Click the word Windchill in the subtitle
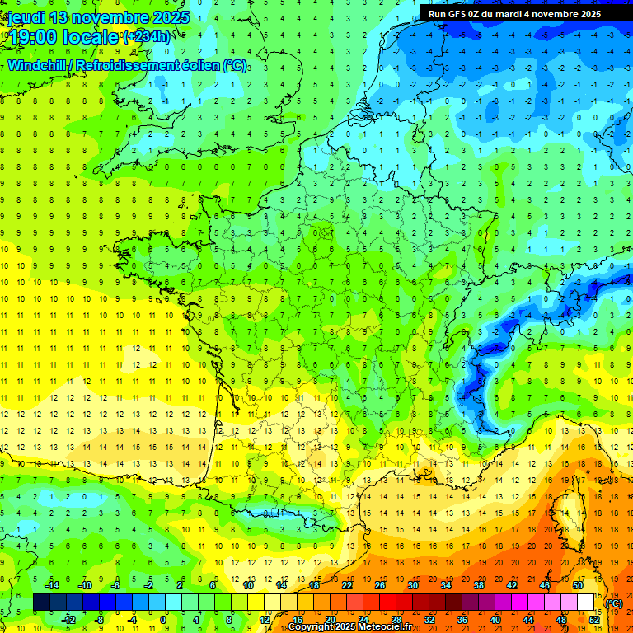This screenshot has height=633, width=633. (38, 65)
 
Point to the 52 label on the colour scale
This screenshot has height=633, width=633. (594, 619)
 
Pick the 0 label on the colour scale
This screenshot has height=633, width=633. (163, 619)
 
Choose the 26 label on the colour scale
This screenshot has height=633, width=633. (380, 584)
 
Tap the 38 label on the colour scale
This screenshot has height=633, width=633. (479, 584)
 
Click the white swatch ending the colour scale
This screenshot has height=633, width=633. (586, 602)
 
